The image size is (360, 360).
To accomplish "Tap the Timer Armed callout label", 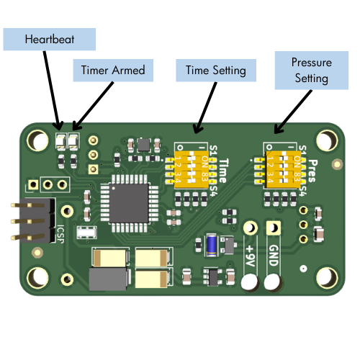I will point(112,70).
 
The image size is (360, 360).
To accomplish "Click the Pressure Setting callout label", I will point(311,70).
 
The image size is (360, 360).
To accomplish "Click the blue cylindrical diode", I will point(212,245).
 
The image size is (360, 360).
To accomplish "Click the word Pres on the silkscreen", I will point(314,171).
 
